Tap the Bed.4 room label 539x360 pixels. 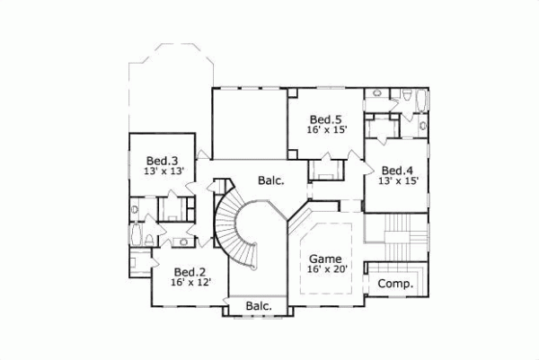396,171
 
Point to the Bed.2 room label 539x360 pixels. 190,272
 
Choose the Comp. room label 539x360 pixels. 395,284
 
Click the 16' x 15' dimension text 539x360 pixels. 326,131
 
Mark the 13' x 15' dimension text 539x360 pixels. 398,182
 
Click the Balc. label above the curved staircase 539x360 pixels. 270,180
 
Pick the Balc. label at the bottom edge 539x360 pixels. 259,307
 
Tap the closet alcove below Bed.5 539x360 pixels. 325,170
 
